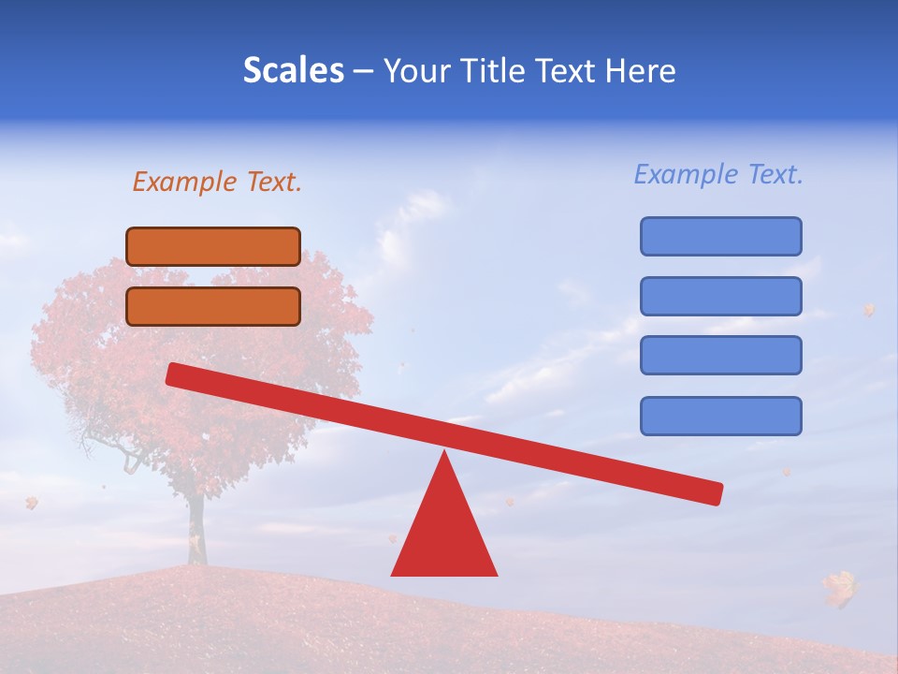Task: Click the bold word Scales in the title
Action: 293,70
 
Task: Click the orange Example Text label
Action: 217,182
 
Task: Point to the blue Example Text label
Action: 718,174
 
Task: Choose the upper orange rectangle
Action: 213,246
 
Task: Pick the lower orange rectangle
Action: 213,306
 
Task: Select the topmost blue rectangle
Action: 720,236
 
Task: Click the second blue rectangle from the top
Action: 720,296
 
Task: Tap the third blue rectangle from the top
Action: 720,356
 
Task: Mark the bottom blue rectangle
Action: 720,416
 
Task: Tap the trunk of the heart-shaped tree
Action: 196,529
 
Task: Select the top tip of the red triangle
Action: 445,455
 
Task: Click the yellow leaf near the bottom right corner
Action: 840,587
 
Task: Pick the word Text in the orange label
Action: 274,182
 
